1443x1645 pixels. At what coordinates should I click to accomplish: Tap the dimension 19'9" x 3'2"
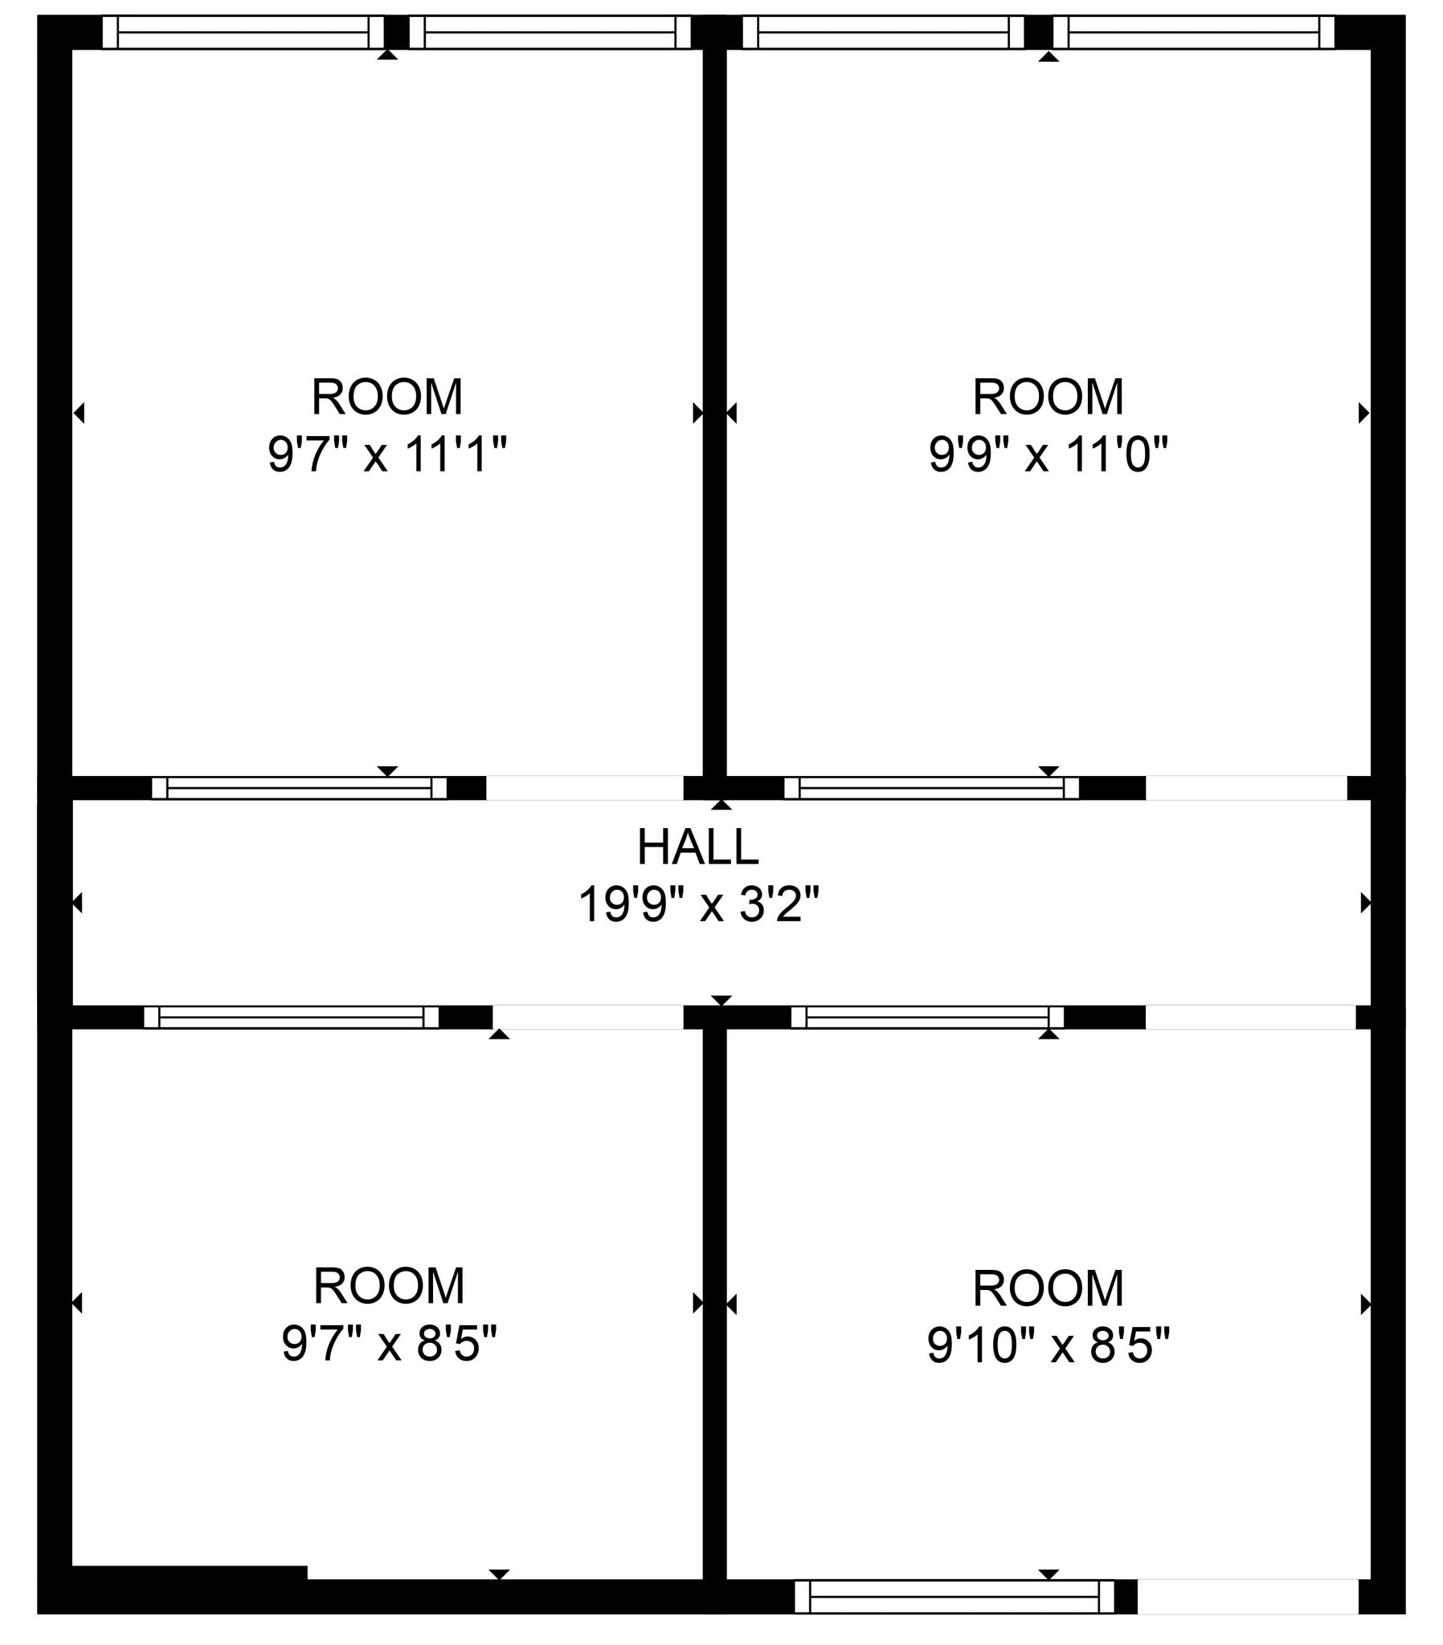click(x=698, y=904)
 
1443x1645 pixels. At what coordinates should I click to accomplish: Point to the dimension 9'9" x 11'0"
click(x=1048, y=455)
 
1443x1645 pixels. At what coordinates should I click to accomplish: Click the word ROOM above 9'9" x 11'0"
click(x=1048, y=397)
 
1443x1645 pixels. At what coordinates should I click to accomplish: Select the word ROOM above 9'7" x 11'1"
click(x=387, y=397)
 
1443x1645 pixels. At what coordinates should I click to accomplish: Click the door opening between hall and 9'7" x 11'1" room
click(x=585, y=788)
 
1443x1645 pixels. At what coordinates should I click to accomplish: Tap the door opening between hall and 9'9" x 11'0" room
click(x=1245, y=788)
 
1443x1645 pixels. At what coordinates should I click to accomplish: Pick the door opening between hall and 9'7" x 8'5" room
click(x=588, y=1017)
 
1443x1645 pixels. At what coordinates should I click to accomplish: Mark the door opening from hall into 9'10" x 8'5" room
click(x=1249, y=1017)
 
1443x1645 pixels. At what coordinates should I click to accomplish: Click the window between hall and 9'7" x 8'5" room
click(x=292, y=1017)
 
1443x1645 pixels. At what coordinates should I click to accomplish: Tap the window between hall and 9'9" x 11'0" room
click(x=931, y=788)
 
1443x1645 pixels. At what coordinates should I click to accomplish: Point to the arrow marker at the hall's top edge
click(x=721, y=805)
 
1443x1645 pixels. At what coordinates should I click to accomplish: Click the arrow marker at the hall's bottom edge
click(x=721, y=1000)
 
